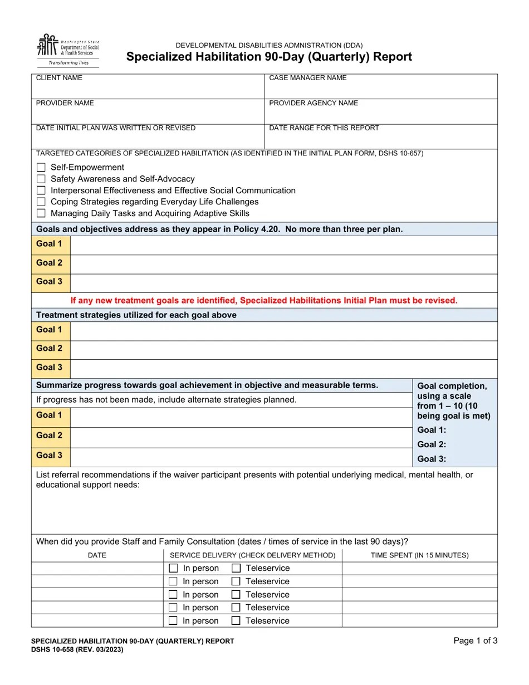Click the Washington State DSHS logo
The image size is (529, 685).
[67, 51]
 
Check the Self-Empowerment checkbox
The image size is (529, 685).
[41, 168]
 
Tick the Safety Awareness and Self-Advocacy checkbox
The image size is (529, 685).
[41, 179]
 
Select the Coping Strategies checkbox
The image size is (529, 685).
[41, 202]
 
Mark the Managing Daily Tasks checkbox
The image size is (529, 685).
[41, 213]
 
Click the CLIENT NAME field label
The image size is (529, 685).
[59, 78]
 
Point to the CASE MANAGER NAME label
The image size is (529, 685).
[307, 78]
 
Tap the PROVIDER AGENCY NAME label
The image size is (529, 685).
[314, 103]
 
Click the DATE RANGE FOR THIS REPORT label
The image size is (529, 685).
[324, 128]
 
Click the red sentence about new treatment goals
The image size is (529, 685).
[264, 301]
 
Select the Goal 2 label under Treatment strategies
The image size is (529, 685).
[49, 349]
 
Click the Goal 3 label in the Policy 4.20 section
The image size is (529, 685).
[49, 282]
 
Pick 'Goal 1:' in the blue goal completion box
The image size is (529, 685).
[432, 430]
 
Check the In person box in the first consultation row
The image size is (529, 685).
[173, 569]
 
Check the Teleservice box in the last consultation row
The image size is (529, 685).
[236, 621]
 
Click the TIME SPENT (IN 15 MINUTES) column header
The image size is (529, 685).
[419, 555]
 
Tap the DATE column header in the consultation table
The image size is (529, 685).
[97, 555]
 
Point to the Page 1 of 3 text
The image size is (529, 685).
[476, 641]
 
